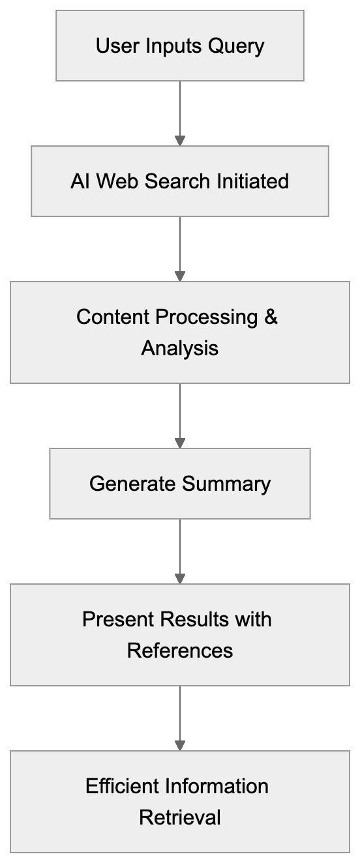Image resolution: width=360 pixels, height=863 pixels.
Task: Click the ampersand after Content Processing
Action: point(271,317)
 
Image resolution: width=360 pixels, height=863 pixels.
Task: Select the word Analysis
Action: point(180,348)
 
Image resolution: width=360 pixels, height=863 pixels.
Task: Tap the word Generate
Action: point(132,484)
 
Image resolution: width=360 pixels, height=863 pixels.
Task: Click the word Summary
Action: point(226,484)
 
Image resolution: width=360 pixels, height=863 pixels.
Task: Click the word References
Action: point(180,651)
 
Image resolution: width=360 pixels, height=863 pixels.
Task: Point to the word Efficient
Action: point(122,786)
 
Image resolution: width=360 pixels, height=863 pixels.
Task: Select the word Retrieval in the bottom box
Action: point(180,817)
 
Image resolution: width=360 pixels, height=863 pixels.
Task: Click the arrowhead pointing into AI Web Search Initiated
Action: point(180,141)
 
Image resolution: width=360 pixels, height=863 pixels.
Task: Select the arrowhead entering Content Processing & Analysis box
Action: point(180,276)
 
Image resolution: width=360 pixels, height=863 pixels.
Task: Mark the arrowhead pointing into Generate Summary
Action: point(180,443)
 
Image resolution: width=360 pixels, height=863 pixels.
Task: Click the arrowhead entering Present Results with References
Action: point(180,579)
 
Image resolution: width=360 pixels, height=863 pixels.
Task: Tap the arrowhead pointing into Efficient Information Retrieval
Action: point(180,746)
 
